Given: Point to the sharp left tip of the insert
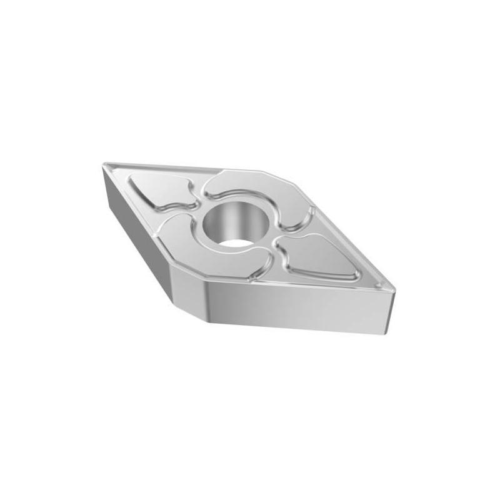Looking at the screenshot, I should click(x=104, y=165).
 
